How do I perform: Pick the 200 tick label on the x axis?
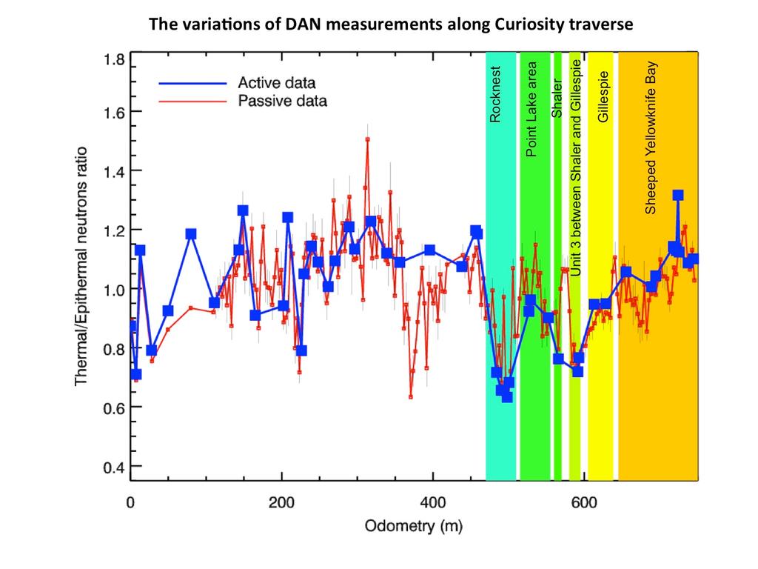(x=281, y=501)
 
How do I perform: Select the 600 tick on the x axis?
(x=585, y=501)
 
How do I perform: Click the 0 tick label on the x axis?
(x=130, y=501)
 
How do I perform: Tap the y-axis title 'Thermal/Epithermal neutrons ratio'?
(x=82, y=265)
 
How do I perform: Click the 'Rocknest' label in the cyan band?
(x=496, y=94)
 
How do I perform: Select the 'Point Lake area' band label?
(x=531, y=113)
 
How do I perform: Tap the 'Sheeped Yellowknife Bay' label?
(x=651, y=139)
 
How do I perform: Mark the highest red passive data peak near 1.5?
(x=367, y=139)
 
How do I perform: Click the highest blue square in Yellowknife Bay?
(x=677, y=196)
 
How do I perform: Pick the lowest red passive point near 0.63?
(x=411, y=396)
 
